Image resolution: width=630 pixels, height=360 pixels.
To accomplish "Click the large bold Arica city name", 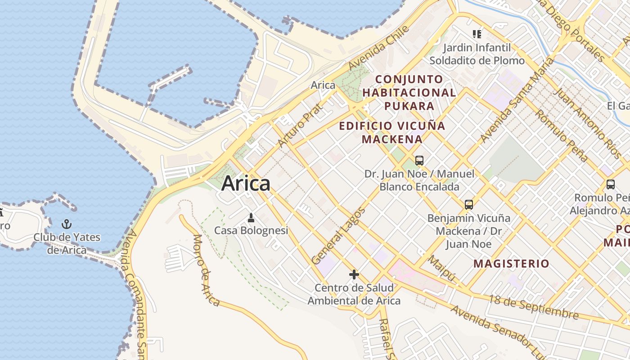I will click(x=246, y=184).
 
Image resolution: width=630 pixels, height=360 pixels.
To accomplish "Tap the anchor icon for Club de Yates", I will click(x=67, y=224).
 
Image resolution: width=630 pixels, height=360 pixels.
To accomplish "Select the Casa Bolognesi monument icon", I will click(x=251, y=218).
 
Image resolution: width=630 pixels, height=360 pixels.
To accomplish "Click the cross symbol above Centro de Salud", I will click(x=354, y=274).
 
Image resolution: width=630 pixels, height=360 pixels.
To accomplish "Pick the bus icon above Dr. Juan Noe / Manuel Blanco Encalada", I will click(x=419, y=160).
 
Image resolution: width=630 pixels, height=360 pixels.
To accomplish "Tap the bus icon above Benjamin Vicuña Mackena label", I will click(x=468, y=205).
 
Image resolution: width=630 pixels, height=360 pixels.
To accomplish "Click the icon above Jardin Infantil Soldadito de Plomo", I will click(x=477, y=34).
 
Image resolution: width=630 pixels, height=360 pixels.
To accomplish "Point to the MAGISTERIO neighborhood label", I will click(x=511, y=264).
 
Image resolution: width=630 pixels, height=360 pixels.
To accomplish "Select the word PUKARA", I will click(x=409, y=106).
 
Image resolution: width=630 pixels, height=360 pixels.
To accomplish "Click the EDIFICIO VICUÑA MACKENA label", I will click(x=392, y=132).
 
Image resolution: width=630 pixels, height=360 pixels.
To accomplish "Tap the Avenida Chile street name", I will click(x=379, y=48).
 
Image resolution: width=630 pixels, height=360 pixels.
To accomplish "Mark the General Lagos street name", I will click(x=338, y=236).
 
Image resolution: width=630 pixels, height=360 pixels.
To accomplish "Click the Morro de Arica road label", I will click(x=207, y=270).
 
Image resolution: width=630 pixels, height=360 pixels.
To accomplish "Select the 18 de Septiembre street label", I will click(x=534, y=307).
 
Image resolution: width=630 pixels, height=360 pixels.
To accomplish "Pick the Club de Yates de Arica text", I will click(x=67, y=243).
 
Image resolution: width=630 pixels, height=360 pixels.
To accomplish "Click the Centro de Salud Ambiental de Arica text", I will click(x=354, y=294).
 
